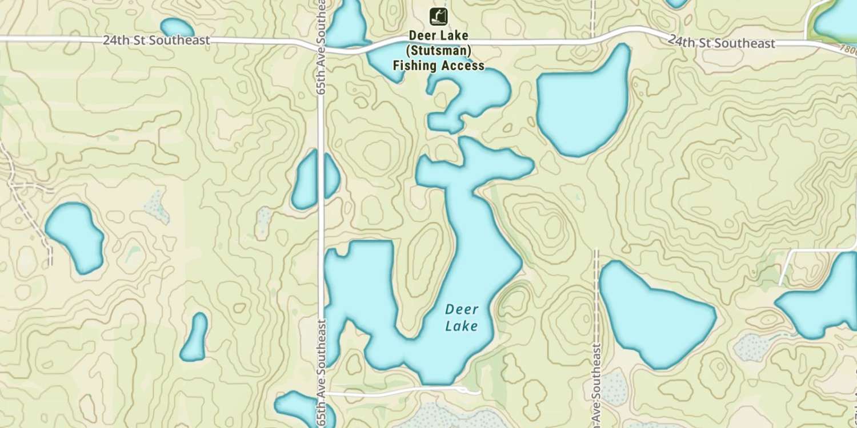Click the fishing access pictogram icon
click(x=438, y=16)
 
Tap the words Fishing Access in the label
click(x=438, y=66)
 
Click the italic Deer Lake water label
click(x=462, y=318)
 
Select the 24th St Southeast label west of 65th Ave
click(x=156, y=41)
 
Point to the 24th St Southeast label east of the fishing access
click(x=722, y=42)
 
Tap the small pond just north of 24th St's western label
click(x=177, y=27)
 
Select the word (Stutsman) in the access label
click(x=438, y=51)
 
